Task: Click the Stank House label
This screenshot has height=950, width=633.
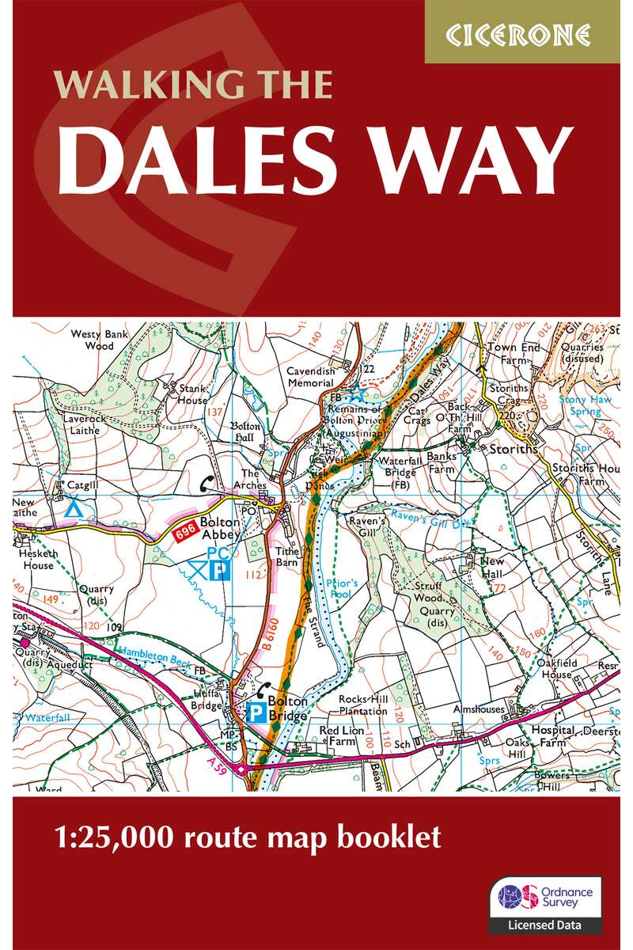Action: click(x=192, y=394)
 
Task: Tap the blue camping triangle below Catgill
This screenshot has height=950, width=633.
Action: click(x=73, y=507)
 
